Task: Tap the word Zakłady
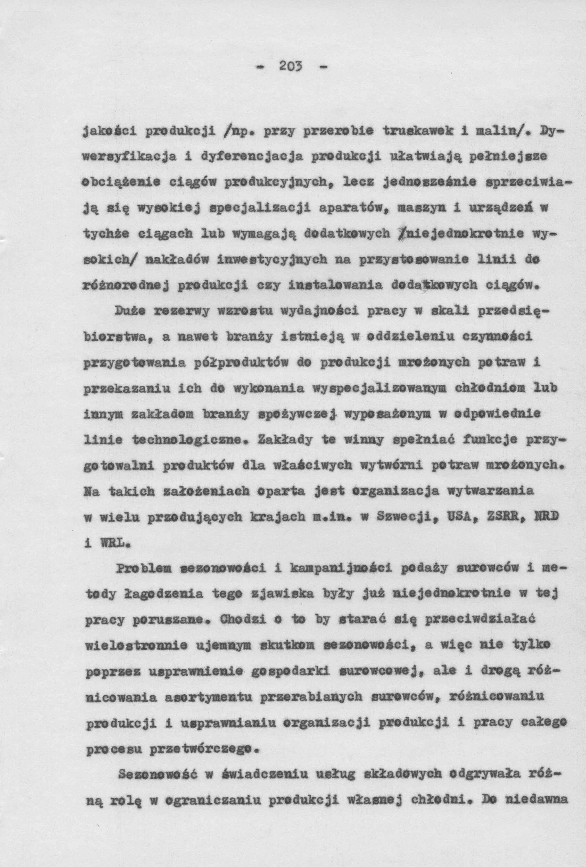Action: pyautogui.click(x=282, y=440)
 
